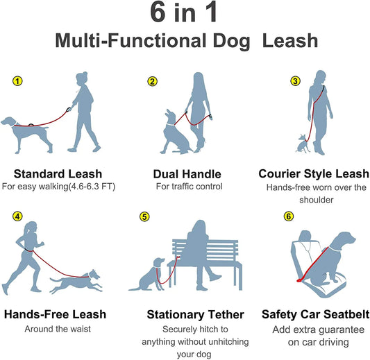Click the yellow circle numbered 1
pyautogui.click(x=18, y=81)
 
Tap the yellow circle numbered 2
pyautogui.click(x=152, y=81)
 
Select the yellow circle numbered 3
pyautogui.click(x=295, y=81)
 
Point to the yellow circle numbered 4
pyautogui.click(x=18, y=216)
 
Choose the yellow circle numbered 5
pyautogui.click(x=144, y=216)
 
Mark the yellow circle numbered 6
pyautogui.click(x=289, y=216)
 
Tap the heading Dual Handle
pyautogui.click(x=186, y=173)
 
